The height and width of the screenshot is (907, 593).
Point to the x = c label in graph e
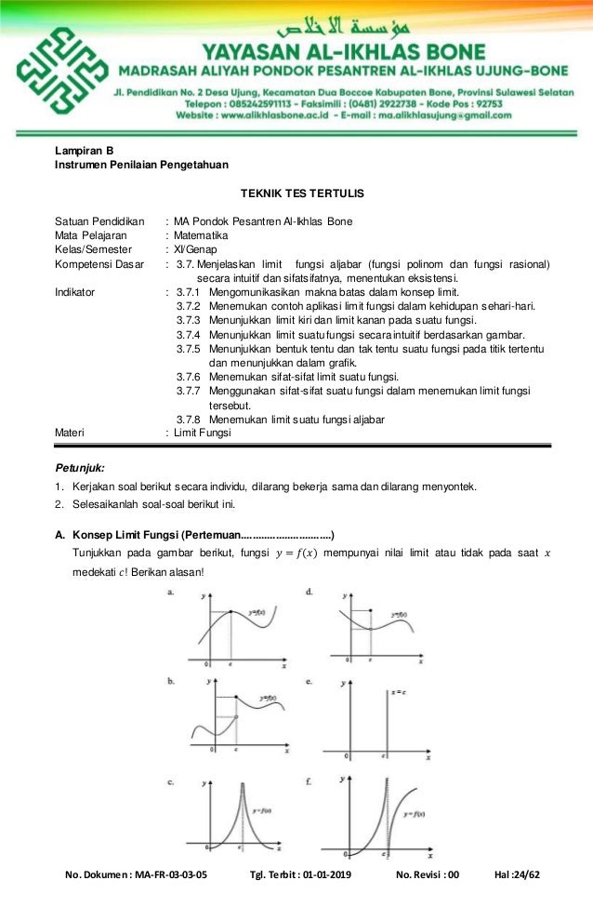click(398, 692)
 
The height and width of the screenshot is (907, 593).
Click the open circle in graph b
click(235, 716)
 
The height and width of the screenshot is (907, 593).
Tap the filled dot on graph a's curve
click(231, 610)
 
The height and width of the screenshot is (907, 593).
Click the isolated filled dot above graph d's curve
click(371, 611)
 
